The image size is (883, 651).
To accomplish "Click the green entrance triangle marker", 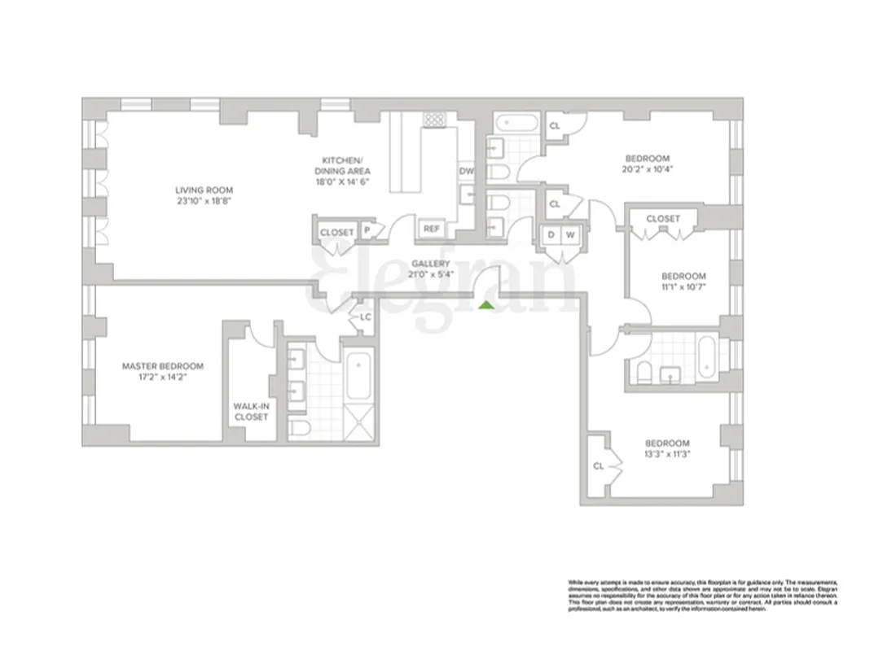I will pos(485,305).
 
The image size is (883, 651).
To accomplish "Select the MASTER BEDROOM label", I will pos(163,366).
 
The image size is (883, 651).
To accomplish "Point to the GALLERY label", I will pos(431,264).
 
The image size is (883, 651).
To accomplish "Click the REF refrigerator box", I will pos(431,229).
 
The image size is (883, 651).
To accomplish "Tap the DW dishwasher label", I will pos(467,171).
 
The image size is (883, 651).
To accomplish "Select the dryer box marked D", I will pos(551,235).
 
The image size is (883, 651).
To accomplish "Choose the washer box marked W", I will pos(570,235).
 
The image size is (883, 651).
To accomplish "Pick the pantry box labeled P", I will pos(367,232).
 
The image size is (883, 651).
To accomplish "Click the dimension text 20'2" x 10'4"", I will pos(648,169).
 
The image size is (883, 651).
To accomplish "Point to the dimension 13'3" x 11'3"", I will pos(669,455).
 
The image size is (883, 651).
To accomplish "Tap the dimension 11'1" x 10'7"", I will pos(683,287).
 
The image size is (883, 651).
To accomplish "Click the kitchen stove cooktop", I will pos(434,119).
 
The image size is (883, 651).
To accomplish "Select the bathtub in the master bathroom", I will pos(358,375).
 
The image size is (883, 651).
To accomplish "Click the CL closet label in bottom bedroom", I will pos(598,466).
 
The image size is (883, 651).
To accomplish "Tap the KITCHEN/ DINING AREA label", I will pos(342,165).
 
